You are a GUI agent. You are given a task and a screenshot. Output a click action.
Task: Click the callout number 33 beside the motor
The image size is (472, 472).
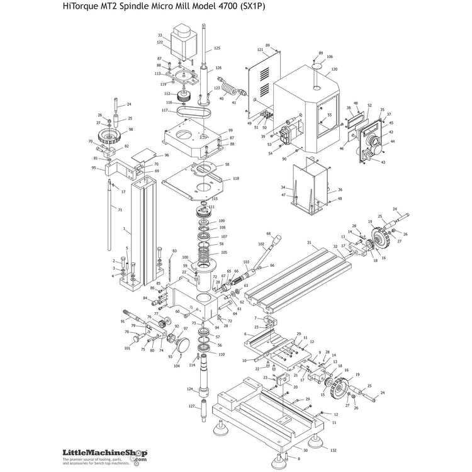pyautogui.click(x=160, y=36)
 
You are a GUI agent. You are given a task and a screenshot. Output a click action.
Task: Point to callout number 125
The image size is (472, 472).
pyautogui.click(x=217, y=48)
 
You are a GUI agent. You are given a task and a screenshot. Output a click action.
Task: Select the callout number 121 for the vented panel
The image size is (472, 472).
pyautogui.click(x=260, y=50)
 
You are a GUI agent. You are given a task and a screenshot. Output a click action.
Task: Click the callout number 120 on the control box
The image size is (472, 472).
pyautogui.click(x=334, y=69)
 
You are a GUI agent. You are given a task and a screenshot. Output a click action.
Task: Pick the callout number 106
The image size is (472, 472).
pyautogui.click(x=329, y=57)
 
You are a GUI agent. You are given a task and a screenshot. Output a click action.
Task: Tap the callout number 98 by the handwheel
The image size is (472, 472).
pyautogui.click(x=131, y=130)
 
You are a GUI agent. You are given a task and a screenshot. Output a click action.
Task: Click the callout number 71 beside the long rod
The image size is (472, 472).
pyautogui.click(x=120, y=209)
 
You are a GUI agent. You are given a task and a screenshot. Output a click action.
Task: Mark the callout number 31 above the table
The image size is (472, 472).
pyautogui.click(x=308, y=242)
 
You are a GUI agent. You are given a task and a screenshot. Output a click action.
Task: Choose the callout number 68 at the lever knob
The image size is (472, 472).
pyautogui.click(x=269, y=233)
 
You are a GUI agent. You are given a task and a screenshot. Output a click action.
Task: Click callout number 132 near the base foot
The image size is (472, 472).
pyautogui.click(x=333, y=451)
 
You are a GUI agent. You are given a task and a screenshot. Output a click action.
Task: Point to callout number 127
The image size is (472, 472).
pyautogui.click(x=191, y=407)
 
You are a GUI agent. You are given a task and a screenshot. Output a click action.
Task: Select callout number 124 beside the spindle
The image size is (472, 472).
pyautogui.click(x=189, y=389)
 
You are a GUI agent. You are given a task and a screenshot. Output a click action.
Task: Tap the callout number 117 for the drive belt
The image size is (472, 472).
pyautogui.click(x=164, y=111)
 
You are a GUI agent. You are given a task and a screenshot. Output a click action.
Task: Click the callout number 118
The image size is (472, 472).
pyautogui.click(x=235, y=179)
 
